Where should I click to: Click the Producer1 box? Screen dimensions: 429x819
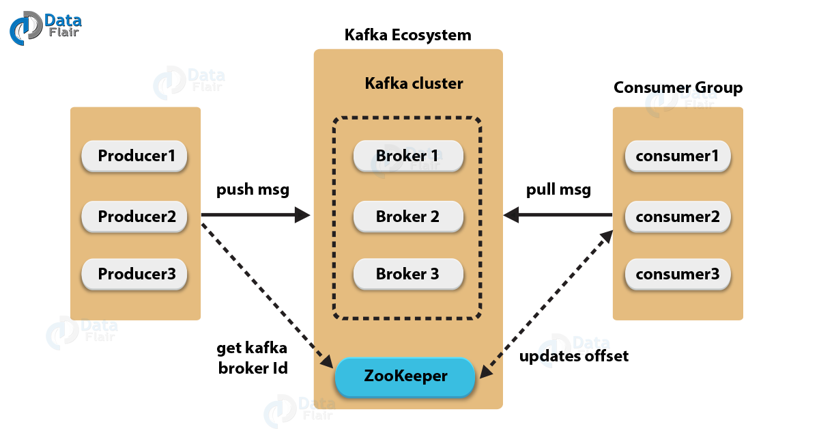click(134, 156)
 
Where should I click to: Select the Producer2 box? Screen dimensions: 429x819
click(134, 217)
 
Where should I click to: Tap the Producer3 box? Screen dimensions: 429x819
click(134, 275)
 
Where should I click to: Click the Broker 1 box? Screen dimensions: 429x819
click(407, 156)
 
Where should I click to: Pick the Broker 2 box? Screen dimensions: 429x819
click(407, 217)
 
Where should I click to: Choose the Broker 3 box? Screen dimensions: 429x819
click(407, 275)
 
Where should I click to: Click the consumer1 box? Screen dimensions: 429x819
click(677, 156)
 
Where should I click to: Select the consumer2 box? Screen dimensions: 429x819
click(677, 217)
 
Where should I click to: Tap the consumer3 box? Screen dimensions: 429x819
click(677, 275)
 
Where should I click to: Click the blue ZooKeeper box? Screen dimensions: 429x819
click(405, 376)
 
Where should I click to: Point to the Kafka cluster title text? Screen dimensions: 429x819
click(414, 84)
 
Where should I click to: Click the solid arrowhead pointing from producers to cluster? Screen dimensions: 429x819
click(303, 215)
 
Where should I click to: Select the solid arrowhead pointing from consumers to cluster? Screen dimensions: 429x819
click(512, 215)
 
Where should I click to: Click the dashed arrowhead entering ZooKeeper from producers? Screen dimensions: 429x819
click(326, 363)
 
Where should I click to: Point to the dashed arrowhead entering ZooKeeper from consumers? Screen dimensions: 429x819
click(486, 370)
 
